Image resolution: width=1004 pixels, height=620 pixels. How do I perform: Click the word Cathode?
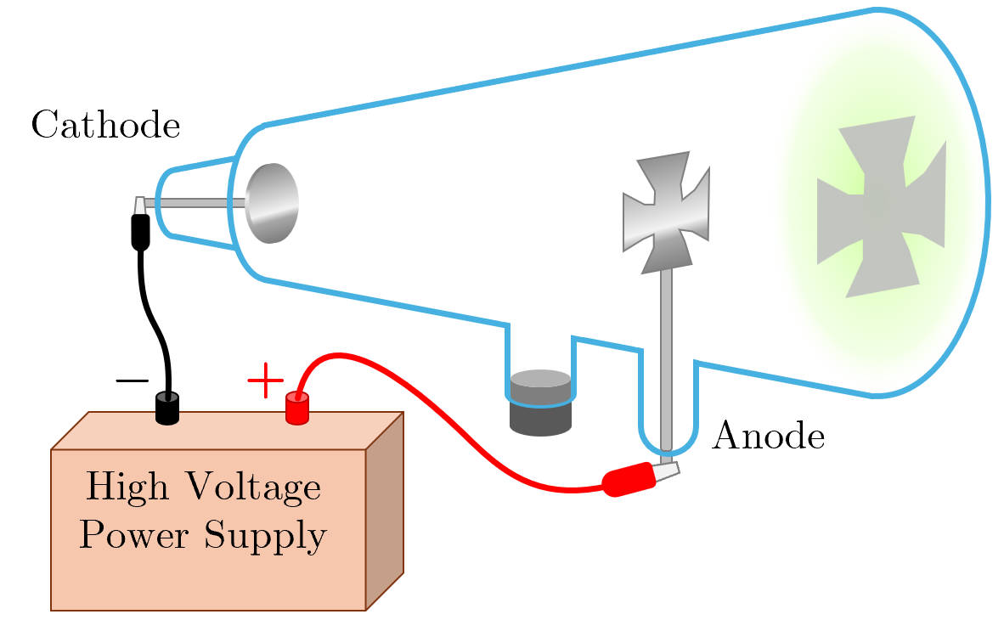tap(105, 126)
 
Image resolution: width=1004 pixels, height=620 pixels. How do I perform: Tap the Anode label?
tap(768, 437)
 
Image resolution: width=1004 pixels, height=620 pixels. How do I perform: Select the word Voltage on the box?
tap(252, 488)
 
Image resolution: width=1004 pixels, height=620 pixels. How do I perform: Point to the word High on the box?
tap(127, 488)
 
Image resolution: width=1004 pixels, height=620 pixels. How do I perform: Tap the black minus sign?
tap(132, 380)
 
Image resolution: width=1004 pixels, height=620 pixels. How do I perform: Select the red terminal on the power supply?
tap(296, 409)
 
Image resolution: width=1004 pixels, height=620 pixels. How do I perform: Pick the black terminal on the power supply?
tap(167, 409)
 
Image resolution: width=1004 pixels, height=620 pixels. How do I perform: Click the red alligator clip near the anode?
tap(628, 481)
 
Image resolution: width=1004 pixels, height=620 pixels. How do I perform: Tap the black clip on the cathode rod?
tap(140, 230)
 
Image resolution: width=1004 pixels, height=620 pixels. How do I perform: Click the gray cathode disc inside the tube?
tap(273, 203)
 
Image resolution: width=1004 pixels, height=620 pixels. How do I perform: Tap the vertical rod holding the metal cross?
tap(667, 357)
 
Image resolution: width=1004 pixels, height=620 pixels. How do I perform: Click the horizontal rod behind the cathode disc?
tap(195, 203)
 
